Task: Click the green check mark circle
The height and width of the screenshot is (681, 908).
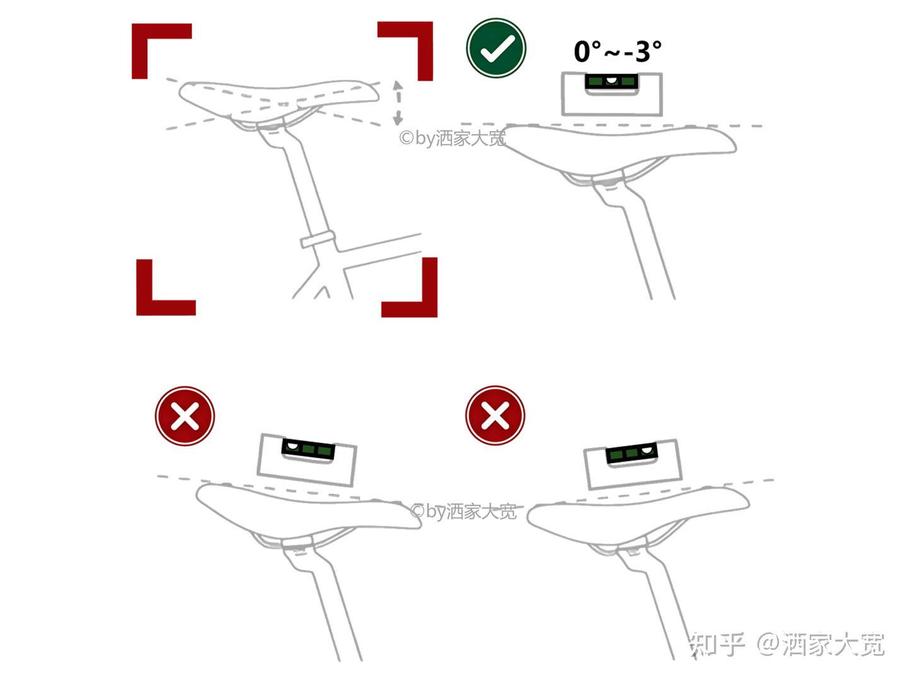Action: point(496,48)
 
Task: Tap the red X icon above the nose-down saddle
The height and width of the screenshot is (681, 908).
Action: point(185,416)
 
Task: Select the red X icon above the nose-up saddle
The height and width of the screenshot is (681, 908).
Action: point(495,415)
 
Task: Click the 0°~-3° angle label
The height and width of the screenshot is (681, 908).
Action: point(617,51)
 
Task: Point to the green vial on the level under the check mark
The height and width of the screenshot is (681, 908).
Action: point(612,81)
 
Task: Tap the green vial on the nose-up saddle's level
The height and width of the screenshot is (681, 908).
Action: point(631,453)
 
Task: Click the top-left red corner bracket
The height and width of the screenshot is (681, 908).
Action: point(141,33)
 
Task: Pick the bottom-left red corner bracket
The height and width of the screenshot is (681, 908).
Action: point(146,307)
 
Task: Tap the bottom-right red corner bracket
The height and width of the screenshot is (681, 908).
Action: point(429,308)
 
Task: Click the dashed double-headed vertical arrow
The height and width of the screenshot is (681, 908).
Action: point(397,103)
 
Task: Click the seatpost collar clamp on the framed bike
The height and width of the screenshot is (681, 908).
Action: point(317,239)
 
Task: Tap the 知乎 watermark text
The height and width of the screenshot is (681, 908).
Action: point(717,644)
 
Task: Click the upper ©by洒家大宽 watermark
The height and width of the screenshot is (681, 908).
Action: point(452,138)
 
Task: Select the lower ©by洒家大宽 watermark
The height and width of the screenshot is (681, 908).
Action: point(463,511)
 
